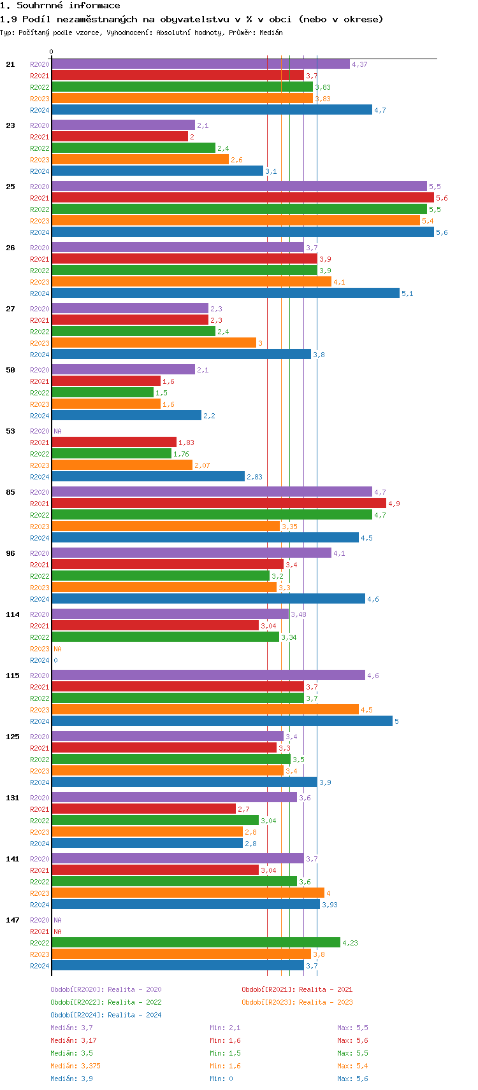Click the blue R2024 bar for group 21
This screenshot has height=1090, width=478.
(x=212, y=110)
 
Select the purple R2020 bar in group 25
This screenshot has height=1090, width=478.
(x=239, y=187)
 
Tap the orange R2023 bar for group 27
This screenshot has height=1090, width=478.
(x=154, y=343)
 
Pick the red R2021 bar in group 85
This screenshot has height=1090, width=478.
(x=219, y=504)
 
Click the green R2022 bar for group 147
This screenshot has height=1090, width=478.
(x=196, y=943)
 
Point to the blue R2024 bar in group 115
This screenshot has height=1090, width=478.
(x=222, y=721)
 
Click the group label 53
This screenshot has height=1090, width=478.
(x=10, y=431)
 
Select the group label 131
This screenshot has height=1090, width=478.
(x=12, y=798)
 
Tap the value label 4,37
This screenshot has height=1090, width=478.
(x=359, y=64)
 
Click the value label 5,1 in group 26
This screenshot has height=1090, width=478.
(x=407, y=294)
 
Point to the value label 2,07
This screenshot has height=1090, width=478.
(x=202, y=465)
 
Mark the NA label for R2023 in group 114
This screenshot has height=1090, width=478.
(x=57, y=649)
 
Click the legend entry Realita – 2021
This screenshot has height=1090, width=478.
(x=297, y=989)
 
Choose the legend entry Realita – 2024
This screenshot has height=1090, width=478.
(x=106, y=1015)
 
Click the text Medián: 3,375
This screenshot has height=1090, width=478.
(x=75, y=1066)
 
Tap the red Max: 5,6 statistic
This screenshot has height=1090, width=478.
(x=352, y=1040)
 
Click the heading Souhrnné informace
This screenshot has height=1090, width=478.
(x=60, y=6)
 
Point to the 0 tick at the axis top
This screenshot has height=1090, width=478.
(x=52, y=52)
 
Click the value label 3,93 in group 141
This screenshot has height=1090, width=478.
(x=330, y=905)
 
